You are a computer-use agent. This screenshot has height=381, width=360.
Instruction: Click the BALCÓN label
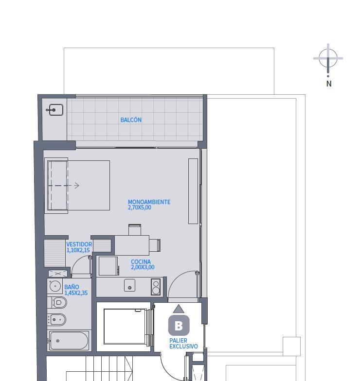(131, 120)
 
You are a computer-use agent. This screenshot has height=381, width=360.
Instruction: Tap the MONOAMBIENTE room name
(149, 202)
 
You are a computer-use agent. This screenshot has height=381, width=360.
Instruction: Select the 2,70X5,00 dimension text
(139, 208)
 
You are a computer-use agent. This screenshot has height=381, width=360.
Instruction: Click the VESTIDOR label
(79, 244)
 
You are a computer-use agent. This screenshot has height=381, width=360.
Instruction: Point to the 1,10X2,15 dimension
(78, 250)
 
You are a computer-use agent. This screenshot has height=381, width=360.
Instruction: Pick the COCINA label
(141, 262)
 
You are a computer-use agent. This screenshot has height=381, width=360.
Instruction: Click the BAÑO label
(72, 287)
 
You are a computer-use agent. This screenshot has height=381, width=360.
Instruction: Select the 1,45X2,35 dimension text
(76, 293)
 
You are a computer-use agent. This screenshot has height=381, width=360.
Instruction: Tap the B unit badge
(179, 326)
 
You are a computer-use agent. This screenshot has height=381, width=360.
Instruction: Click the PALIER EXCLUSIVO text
(183, 343)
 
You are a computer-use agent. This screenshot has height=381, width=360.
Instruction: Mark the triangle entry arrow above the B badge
(179, 309)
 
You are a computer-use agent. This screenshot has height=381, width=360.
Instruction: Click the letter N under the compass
(329, 84)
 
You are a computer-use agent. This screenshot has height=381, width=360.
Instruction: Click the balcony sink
(56, 110)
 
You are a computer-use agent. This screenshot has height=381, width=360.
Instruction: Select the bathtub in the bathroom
(69, 341)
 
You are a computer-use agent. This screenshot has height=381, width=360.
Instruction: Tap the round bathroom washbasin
(55, 286)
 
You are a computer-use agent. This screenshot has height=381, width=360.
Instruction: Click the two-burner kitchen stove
(156, 287)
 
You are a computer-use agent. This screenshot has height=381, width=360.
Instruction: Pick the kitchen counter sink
(129, 285)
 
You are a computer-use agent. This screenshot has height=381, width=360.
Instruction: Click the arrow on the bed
(64, 186)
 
